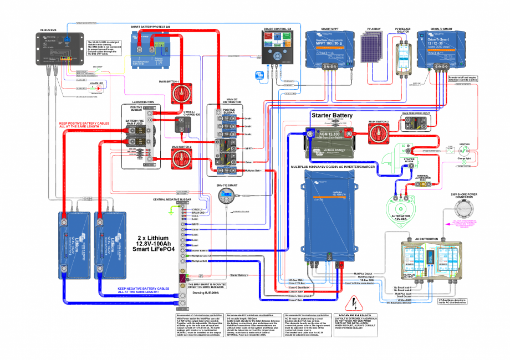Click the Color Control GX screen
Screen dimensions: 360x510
click(276, 43)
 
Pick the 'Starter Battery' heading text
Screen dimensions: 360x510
click(333, 115)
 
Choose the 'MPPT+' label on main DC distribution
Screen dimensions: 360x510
click(248, 148)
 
